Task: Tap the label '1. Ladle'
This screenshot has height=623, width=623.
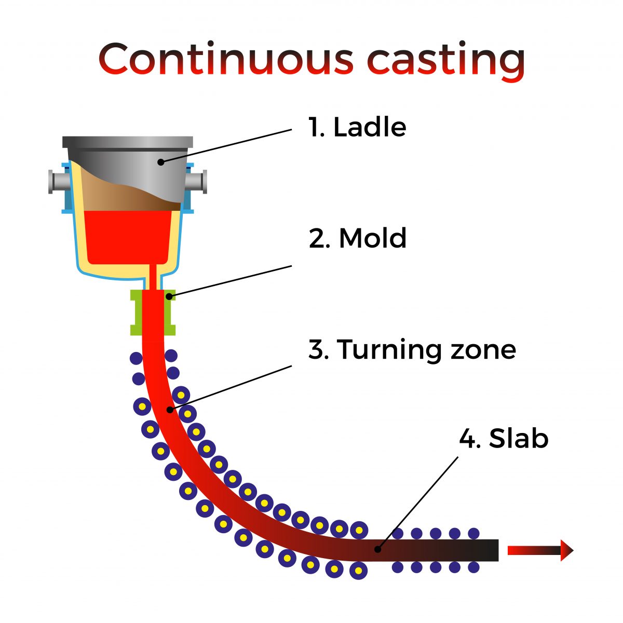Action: [x=357, y=127]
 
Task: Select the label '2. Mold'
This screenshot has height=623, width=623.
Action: [x=357, y=238]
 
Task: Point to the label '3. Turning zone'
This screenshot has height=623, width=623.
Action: [x=412, y=349]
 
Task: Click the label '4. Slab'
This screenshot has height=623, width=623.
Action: [x=504, y=439]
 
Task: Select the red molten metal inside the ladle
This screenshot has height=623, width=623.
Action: [x=127, y=236]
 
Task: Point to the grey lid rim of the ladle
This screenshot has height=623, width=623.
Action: [x=127, y=142]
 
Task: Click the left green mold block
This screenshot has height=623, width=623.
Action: [x=137, y=312]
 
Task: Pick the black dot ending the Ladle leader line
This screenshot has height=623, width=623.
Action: [x=160, y=162]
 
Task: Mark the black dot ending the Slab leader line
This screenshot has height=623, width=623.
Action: [x=378, y=549]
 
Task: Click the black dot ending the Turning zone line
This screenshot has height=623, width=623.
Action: [x=169, y=410]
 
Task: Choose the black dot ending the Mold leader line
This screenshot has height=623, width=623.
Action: [x=169, y=296]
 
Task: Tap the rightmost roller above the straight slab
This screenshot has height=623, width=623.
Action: [x=473, y=534]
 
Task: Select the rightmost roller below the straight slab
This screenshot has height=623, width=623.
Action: [x=473, y=567]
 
